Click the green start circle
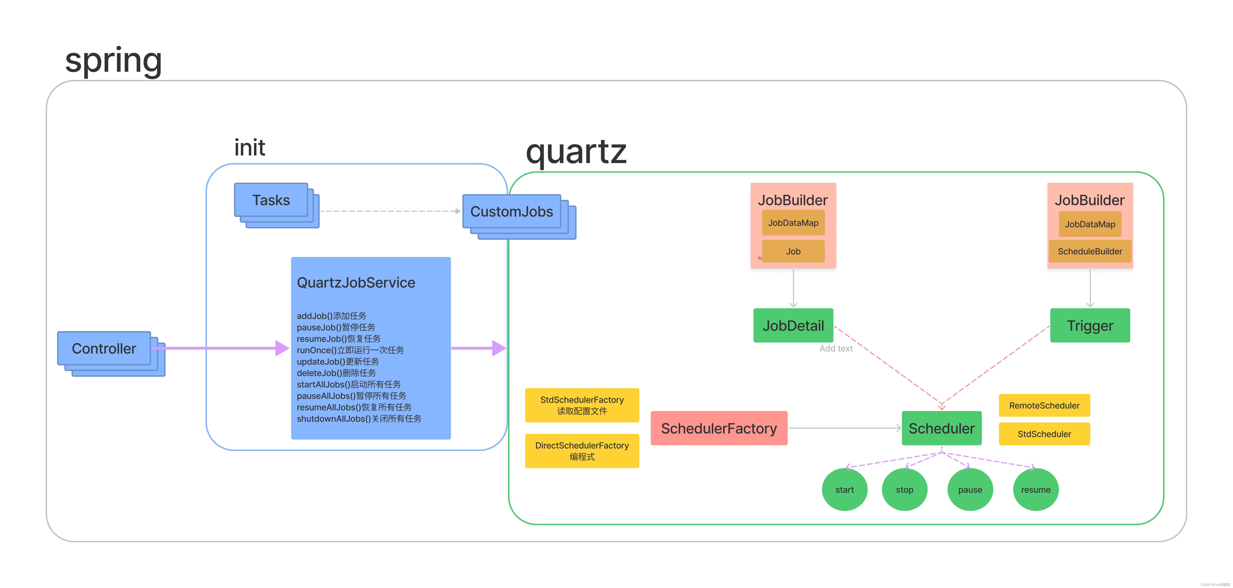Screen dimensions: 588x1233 tap(844, 489)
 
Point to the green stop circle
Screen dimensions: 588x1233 tap(904, 489)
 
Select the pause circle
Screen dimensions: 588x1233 tap(970, 489)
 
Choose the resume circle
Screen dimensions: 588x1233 tap(1035, 489)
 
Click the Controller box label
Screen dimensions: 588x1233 tap(104, 349)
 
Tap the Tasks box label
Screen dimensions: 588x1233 tap(271, 200)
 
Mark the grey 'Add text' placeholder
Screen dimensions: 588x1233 tap(836, 349)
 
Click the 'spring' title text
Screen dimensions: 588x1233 tap(113, 61)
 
